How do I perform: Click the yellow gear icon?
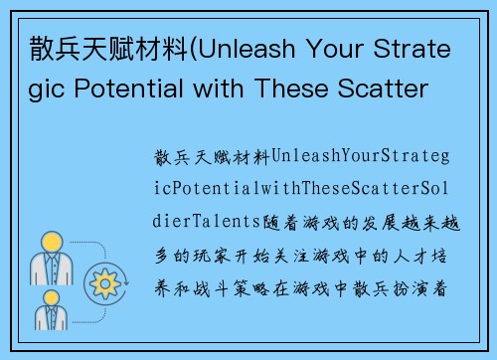click(104, 285)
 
